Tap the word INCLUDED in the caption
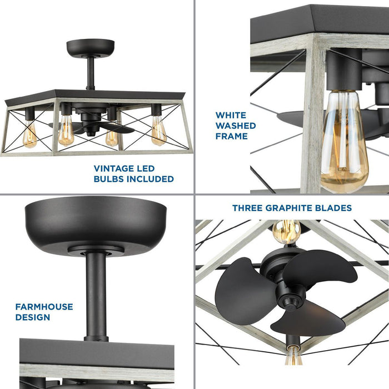147,179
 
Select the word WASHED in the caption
236,126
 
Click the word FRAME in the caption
231,136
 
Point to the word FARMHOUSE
44,307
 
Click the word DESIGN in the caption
33,317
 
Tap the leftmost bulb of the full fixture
29,135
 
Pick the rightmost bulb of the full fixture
158,131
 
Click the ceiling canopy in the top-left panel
90,47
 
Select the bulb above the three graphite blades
286,231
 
